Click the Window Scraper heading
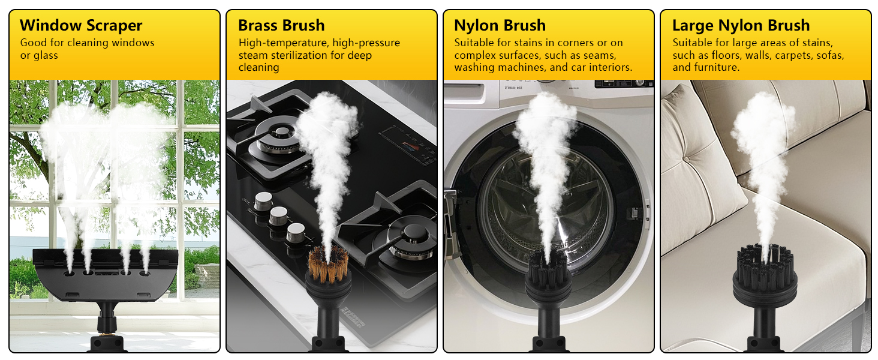tap(81, 25)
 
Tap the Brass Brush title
tap(281, 25)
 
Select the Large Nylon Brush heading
tap(741, 25)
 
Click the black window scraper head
tap(106, 275)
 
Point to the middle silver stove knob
tap(279, 215)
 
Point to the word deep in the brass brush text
tap(359, 56)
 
